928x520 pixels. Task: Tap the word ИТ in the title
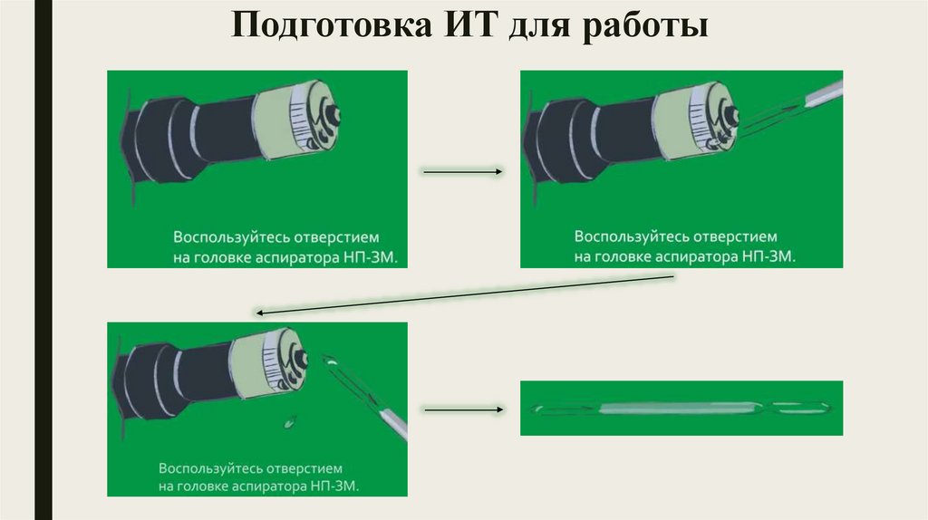coord(470,24)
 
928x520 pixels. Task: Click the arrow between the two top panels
coord(463,171)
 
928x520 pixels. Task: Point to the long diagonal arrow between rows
coord(465,294)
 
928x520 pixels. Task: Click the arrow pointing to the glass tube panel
coord(464,409)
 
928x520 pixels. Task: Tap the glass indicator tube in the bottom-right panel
coord(681,409)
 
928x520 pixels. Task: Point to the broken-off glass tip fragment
coord(290,422)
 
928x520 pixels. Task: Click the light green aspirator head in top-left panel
coord(296,117)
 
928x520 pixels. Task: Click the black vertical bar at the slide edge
coord(43,260)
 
